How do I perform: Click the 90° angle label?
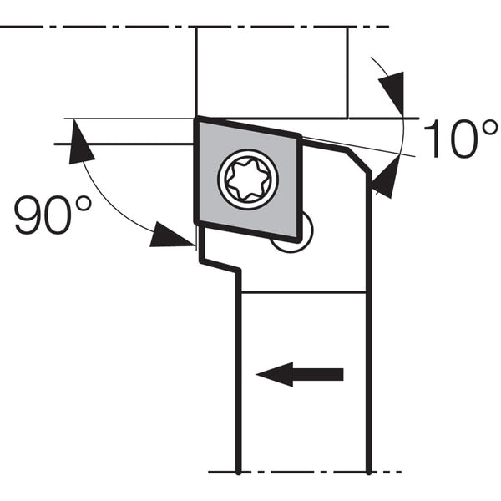click(x=53, y=215)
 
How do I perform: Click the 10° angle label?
click(x=460, y=139)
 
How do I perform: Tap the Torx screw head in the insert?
click(x=248, y=180)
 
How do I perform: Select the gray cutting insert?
click(x=248, y=180)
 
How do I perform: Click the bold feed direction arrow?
click(x=300, y=374)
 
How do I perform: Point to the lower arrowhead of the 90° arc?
click(x=171, y=235)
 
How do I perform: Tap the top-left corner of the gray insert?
click(x=197, y=119)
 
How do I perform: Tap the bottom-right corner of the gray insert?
click(x=300, y=240)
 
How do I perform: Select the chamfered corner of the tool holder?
click(x=359, y=161)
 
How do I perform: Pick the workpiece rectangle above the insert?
click(x=271, y=73)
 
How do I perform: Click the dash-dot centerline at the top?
click(x=195, y=28)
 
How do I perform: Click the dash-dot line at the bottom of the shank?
click(x=305, y=472)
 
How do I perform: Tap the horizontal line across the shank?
click(x=303, y=292)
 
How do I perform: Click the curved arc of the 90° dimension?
click(x=105, y=205)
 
